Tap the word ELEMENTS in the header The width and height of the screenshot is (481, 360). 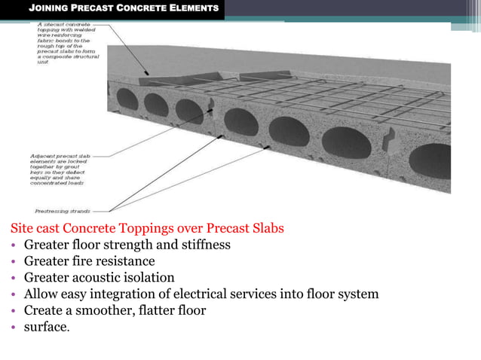[x=192, y=9]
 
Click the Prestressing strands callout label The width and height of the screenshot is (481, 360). [x=63, y=210]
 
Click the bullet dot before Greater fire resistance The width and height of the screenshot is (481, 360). [x=14, y=262]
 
